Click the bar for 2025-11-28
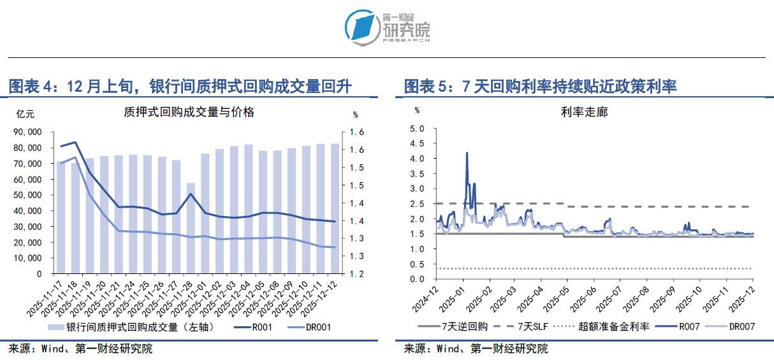pos(191,228)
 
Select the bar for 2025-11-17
pos(61,217)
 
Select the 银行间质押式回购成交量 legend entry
pos(131,328)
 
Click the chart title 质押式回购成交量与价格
pos(189,112)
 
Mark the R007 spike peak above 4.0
pos(467,153)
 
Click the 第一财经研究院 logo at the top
pos(387,27)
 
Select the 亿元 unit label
pos(26,115)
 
